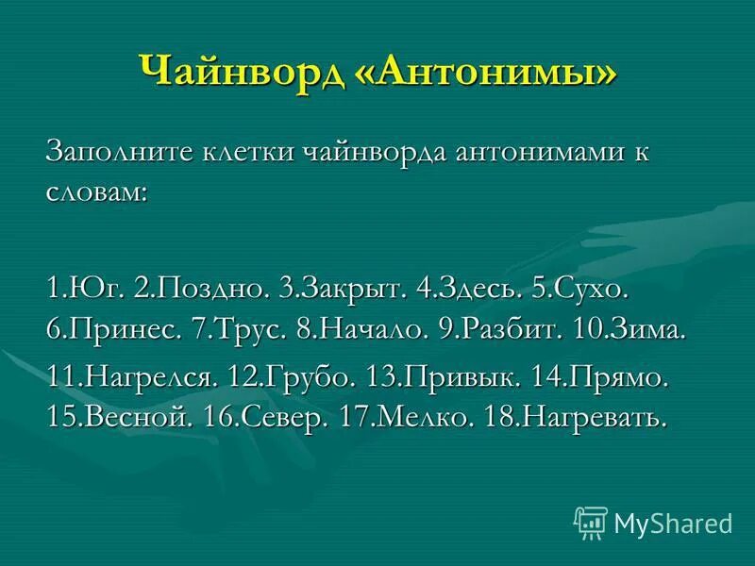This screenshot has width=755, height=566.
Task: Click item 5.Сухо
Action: pyautogui.click(x=581, y=289)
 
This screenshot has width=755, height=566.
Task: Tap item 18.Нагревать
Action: pyautogui.click(x=575, y=417)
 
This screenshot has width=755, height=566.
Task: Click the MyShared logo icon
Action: pyautogui.click(x=590, y=522)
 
